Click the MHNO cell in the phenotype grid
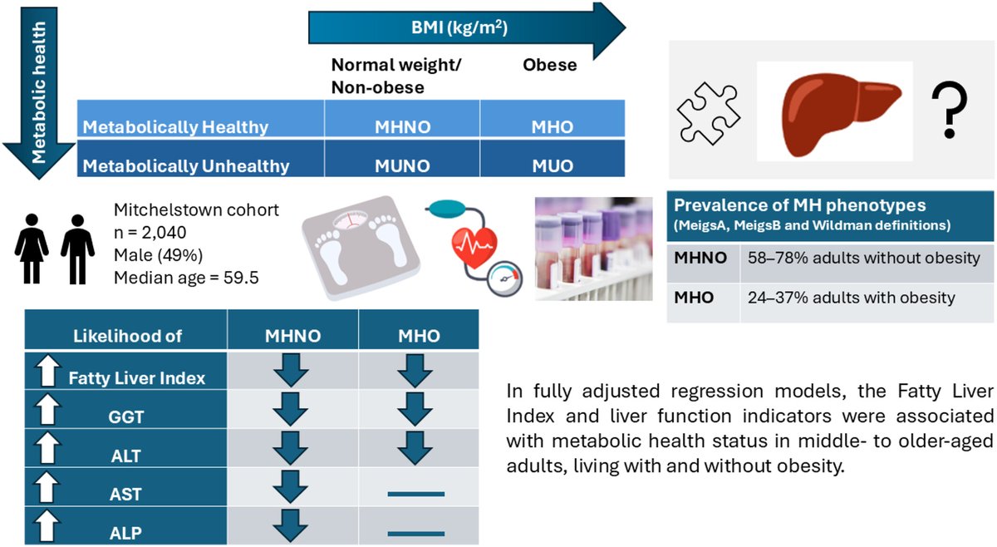coord(403,128)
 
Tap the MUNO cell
coord(403,165)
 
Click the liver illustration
coord(834,111)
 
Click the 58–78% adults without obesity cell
coord(866,259)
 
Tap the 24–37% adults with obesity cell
coord(866,297)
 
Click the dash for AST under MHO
coord(416,494)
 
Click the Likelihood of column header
coord(127,335)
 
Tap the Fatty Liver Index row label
coord(136,377)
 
